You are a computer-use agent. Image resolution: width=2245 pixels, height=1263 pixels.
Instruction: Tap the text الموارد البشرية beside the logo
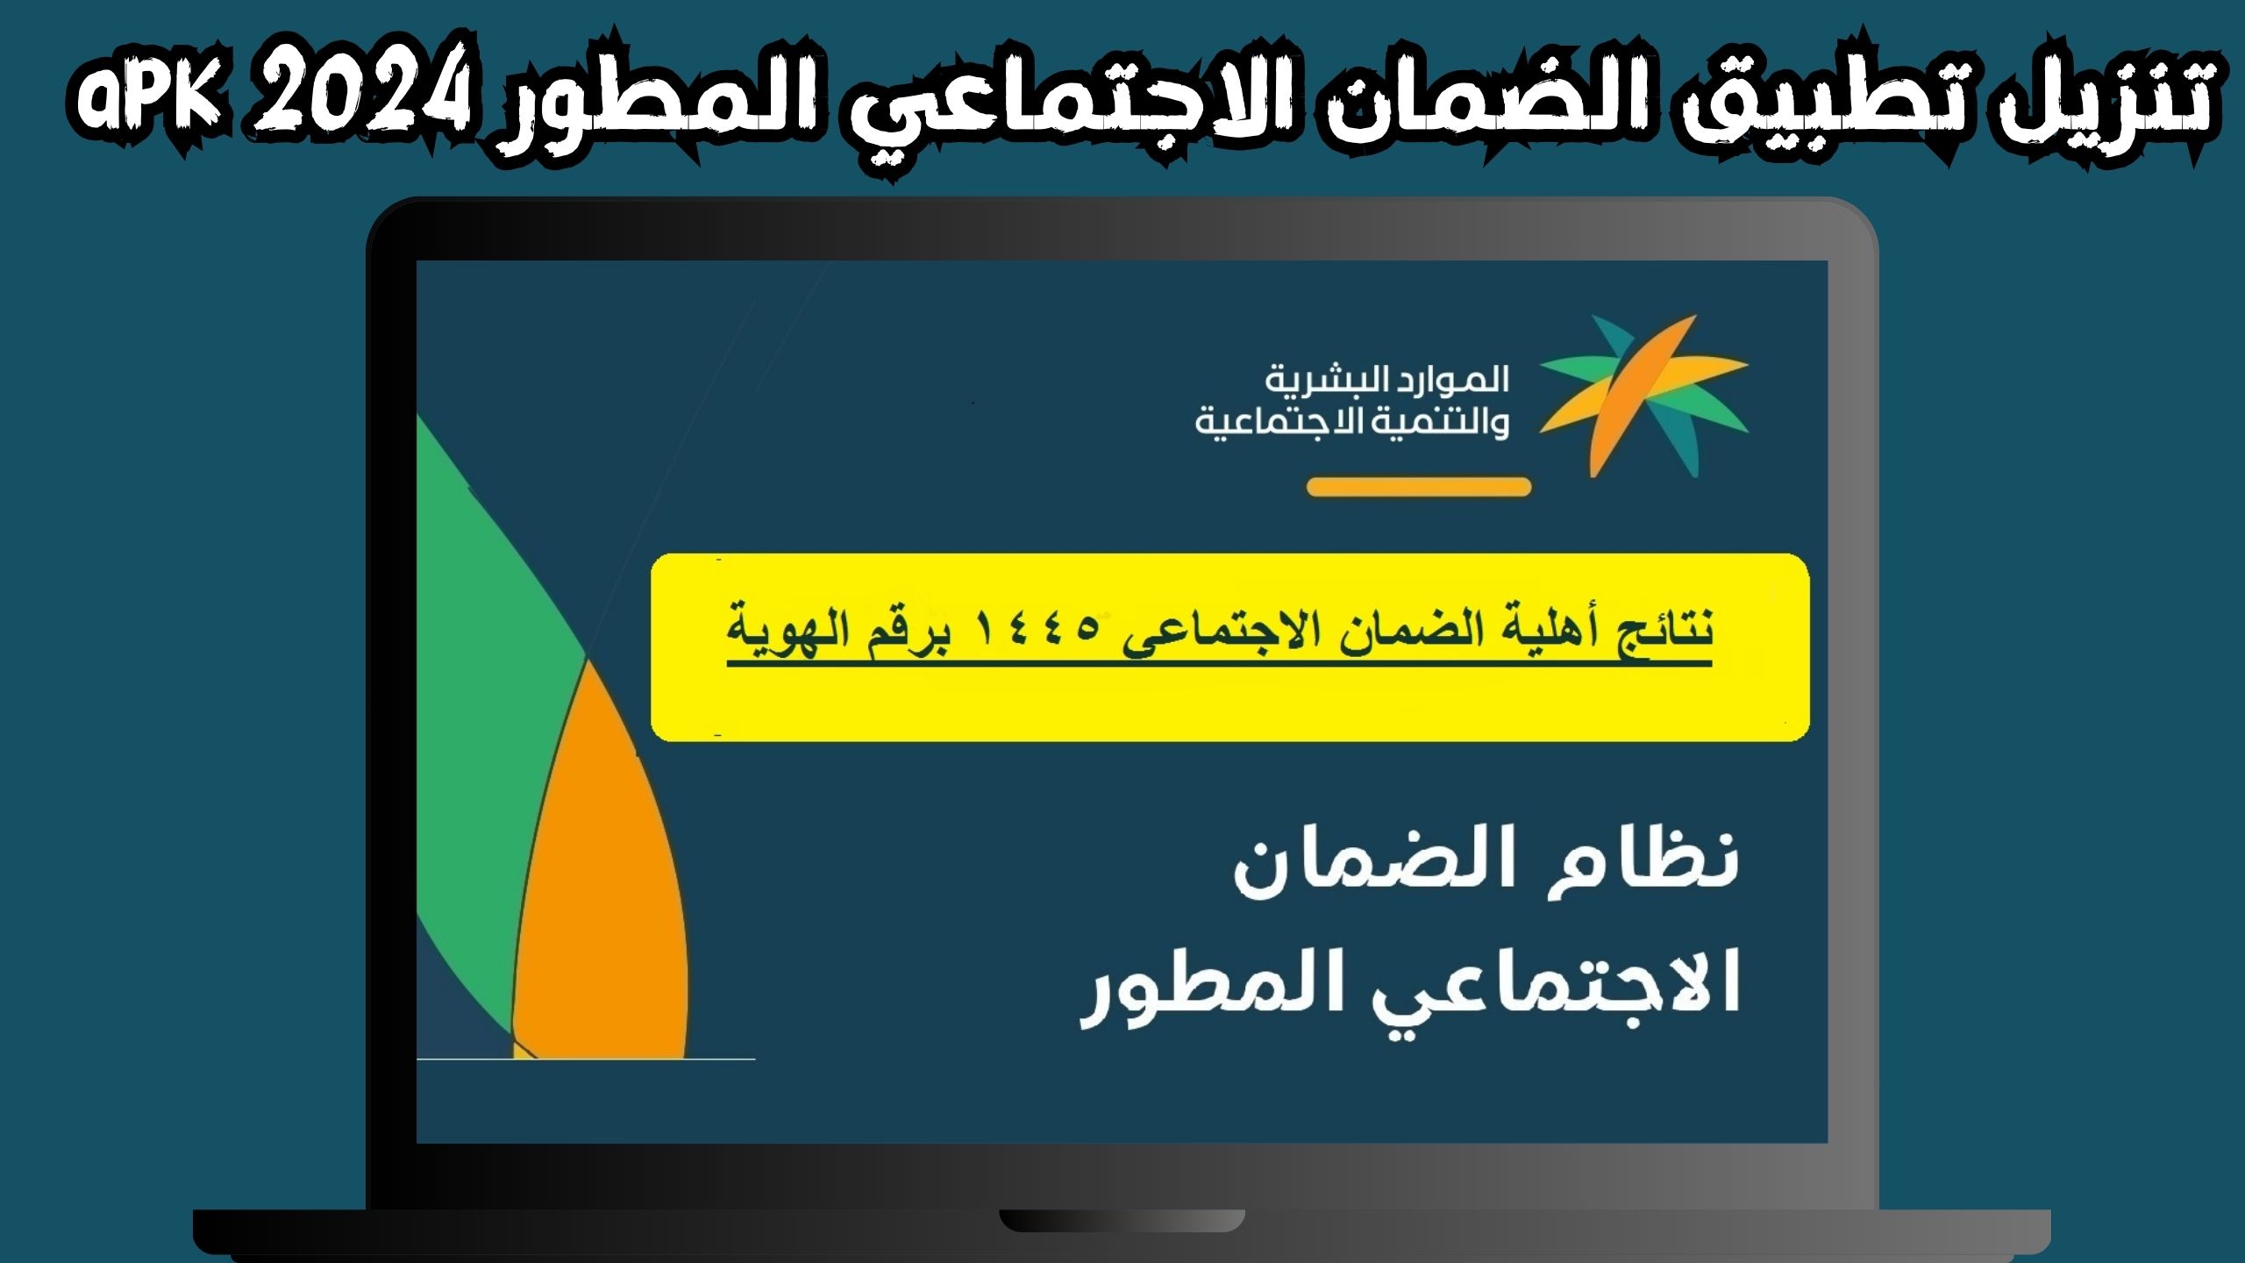coord(1386,380)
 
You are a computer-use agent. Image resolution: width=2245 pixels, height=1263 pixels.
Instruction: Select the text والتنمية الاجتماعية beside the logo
coord(1351,424)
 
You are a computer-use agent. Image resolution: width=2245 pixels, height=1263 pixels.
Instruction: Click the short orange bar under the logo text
coord(1418,487)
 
